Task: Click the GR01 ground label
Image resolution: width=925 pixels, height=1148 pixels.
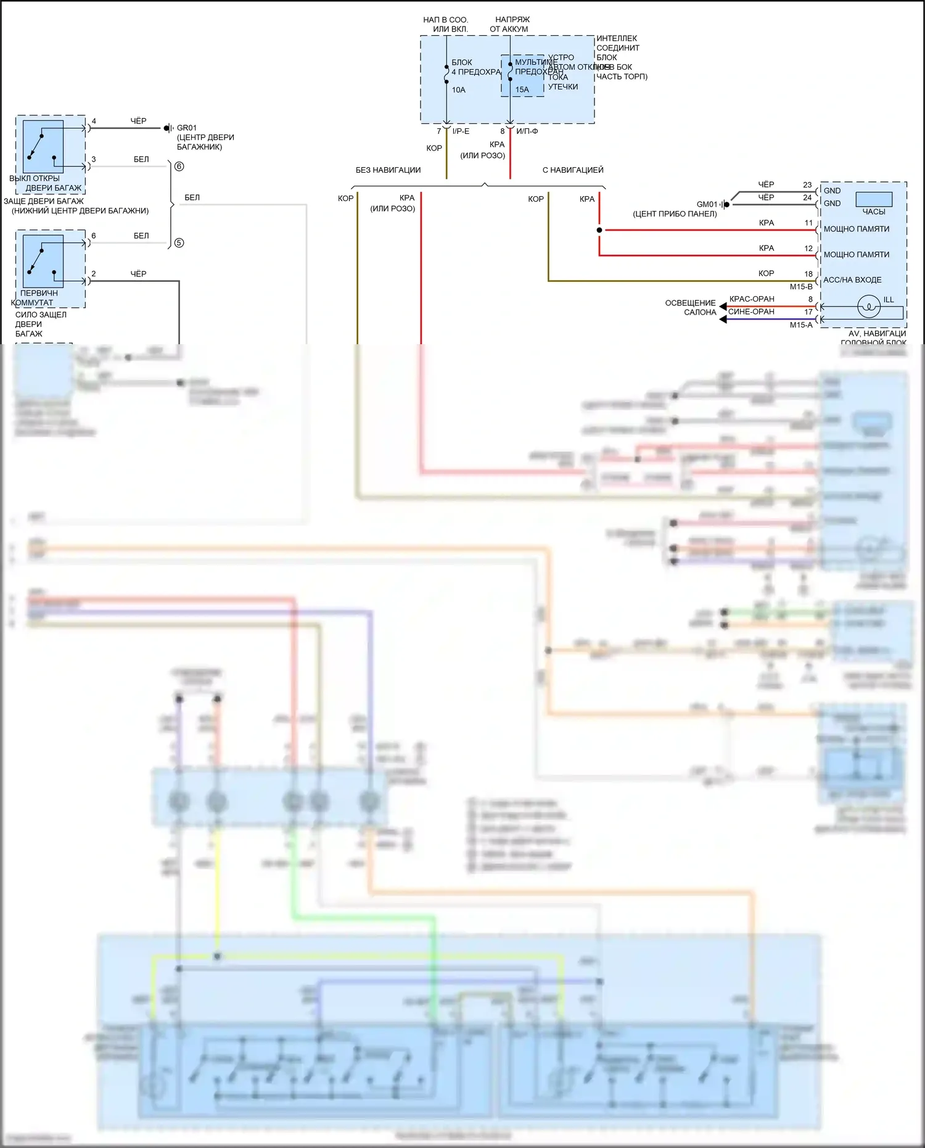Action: pos(187,128)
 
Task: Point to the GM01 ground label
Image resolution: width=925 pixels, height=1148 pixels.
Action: pos(707,204)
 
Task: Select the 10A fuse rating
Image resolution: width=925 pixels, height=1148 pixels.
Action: pos(458,90)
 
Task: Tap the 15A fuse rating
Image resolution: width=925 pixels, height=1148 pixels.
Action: pos(522,89)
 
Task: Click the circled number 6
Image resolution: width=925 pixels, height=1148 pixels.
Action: pos(179,167)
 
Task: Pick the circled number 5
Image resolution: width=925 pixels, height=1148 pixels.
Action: pos(179,243)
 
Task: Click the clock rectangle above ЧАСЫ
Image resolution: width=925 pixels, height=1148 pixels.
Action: pos(873,199)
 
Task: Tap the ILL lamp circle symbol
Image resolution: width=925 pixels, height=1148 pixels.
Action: pos(869,307)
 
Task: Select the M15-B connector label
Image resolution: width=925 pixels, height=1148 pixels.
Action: pos(801,287)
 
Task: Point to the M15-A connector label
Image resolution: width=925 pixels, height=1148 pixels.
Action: pos(801,325)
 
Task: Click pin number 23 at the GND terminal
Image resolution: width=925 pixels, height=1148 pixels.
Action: pos(807,184)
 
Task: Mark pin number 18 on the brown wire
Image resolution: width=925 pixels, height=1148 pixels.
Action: pos(808,274)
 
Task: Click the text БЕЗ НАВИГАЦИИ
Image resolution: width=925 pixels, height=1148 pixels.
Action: pos(388,170)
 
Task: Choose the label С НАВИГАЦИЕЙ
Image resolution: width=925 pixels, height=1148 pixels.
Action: pos(573,170)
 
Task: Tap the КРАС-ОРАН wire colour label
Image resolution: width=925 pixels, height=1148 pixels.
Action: pos(752,299)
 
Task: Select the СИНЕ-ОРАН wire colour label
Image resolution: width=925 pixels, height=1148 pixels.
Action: pos(751,312)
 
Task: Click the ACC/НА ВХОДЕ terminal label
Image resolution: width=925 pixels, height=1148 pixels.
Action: pos(852,280)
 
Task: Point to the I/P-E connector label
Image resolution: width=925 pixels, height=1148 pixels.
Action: pos(461,131)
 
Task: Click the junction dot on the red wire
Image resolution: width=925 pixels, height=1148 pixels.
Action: pos(599,230)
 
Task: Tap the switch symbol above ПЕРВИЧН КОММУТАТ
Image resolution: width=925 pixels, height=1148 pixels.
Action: pos(43,261)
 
